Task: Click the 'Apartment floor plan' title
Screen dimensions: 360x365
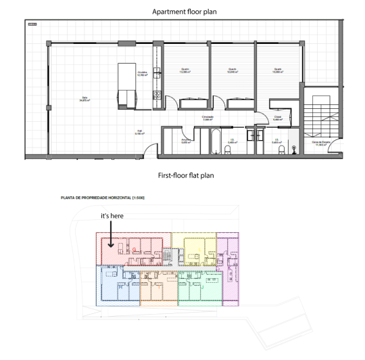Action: point(182,12)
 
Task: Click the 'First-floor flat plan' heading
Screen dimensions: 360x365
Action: point(182,175)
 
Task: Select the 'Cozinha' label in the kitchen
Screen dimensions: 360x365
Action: point(143,73)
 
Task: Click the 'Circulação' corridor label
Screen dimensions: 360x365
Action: point(208,118)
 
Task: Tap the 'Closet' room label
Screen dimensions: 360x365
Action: point(278,118)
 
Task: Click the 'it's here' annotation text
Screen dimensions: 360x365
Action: point(113,215)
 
